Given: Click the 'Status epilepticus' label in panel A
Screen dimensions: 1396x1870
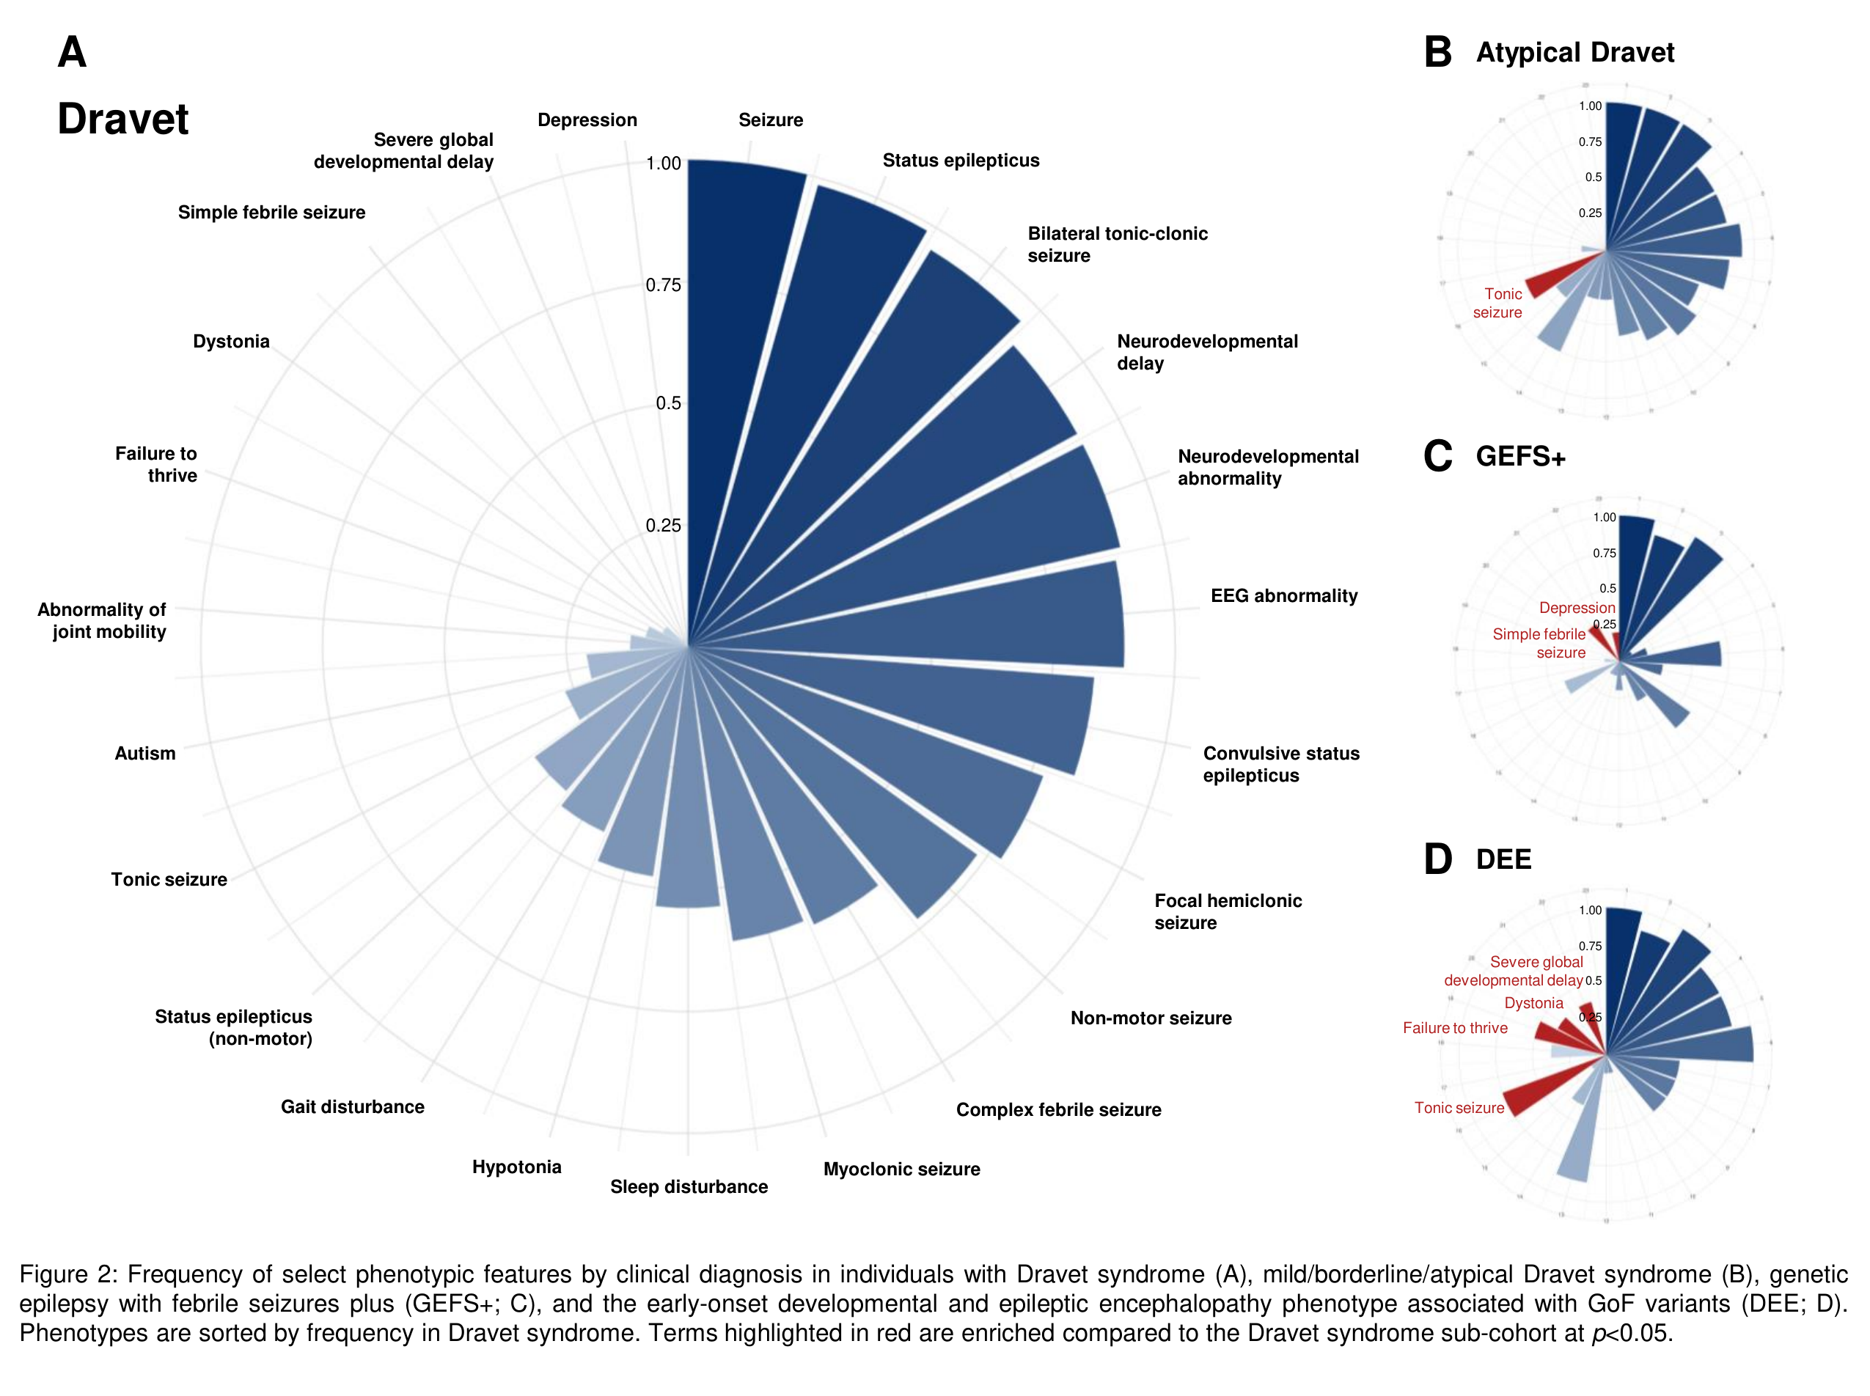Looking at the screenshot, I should pyautogui.click(x=960, y=160).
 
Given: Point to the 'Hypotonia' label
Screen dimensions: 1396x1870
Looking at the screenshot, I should pyautogui.click(x=516, y=1167).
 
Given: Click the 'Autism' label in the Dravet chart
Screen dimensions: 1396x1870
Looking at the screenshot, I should pyautogui.click(x=145, y=753).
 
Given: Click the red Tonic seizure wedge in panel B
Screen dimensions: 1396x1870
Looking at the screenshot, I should pyautogui.click(x=1550, y=282).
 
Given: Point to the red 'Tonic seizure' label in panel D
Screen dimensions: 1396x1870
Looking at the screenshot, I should pyautogui.click(x=1459, y=1107).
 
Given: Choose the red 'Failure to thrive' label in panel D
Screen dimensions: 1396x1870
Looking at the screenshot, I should pyautogui.click(x=1454, y=1027).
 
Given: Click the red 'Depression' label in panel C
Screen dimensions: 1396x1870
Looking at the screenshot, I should pyautogui.click(x=1576, y=608).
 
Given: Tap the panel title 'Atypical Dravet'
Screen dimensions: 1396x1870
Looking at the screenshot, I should pyautogui.click(x=1574, y=52).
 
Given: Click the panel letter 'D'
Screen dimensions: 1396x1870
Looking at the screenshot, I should pyautogui.click(x=1437, y=859).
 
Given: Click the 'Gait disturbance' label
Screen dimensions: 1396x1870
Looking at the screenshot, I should pyautogui.click(x=353, y=1106).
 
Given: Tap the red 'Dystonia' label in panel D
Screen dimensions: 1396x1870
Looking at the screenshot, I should pyautogui.click(x=1533, y=1003).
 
